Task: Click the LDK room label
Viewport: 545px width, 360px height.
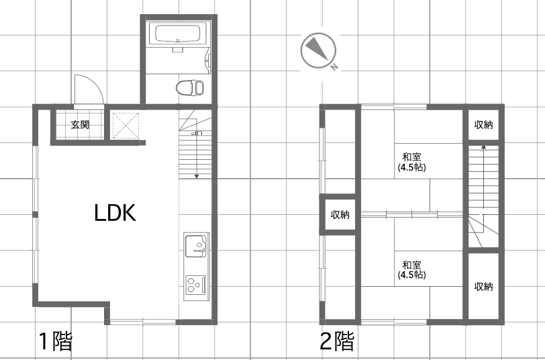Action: click(115, 213)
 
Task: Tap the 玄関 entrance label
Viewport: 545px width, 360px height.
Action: click(80, 124)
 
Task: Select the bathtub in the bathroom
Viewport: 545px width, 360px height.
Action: click(178, 34)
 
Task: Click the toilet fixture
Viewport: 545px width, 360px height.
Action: click(189, 88)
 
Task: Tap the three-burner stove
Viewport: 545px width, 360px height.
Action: click(195, 285)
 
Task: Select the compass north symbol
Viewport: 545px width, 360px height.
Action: click(318, 50)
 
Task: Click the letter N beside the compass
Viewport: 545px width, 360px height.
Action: click(334, 66)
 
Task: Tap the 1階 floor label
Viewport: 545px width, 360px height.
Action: click(56, 341)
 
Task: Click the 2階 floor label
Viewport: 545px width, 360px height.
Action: click(337, 341)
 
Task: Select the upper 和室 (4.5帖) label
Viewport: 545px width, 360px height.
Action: click(411, 162)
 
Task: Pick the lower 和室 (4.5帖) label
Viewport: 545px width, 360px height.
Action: click(411, 270)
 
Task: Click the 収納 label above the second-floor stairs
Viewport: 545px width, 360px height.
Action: click(483, 124)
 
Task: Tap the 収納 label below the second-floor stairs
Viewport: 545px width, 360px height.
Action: click(483, 286)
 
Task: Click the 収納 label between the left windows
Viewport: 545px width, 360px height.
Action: click(340, 215)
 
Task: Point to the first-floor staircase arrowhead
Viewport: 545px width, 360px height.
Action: click(197, 177)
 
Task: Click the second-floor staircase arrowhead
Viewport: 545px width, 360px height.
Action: click(483, 147)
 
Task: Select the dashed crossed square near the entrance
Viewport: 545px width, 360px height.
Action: click(126, 126)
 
